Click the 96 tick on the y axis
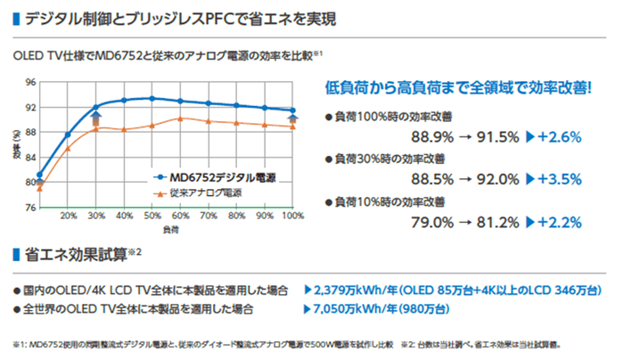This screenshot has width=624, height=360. pos(30,83)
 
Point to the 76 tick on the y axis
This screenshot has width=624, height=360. pos(30,208)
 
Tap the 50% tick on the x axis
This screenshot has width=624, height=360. pos(152,217)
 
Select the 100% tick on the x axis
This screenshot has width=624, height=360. pos(292,217)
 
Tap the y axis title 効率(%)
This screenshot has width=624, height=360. pos(17,145)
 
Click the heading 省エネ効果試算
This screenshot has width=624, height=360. pos(69,254)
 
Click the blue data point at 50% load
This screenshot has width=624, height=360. pos(152,98)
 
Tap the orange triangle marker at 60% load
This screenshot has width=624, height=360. pos(180,119)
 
